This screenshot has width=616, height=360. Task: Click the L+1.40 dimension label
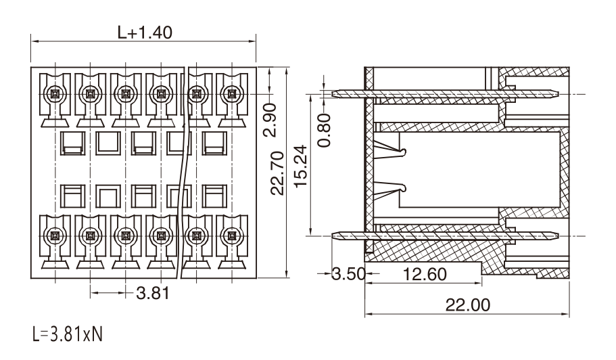(x=145, y=32)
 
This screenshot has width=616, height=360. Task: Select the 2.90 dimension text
(x=270, y=120)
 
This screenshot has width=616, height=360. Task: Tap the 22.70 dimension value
(x=277, y=173)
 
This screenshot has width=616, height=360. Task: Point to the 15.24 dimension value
(x=300, y=166)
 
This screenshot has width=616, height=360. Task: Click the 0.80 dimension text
(x=324, y=130)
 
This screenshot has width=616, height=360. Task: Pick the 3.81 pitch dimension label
(x=153, y=293)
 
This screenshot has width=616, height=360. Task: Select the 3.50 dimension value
(x=349, y=274)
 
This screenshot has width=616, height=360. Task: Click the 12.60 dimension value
(x=425, y=274)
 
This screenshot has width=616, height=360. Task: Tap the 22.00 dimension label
(x=467, y=305)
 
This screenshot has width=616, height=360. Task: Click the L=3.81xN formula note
(x=67, y=334)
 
